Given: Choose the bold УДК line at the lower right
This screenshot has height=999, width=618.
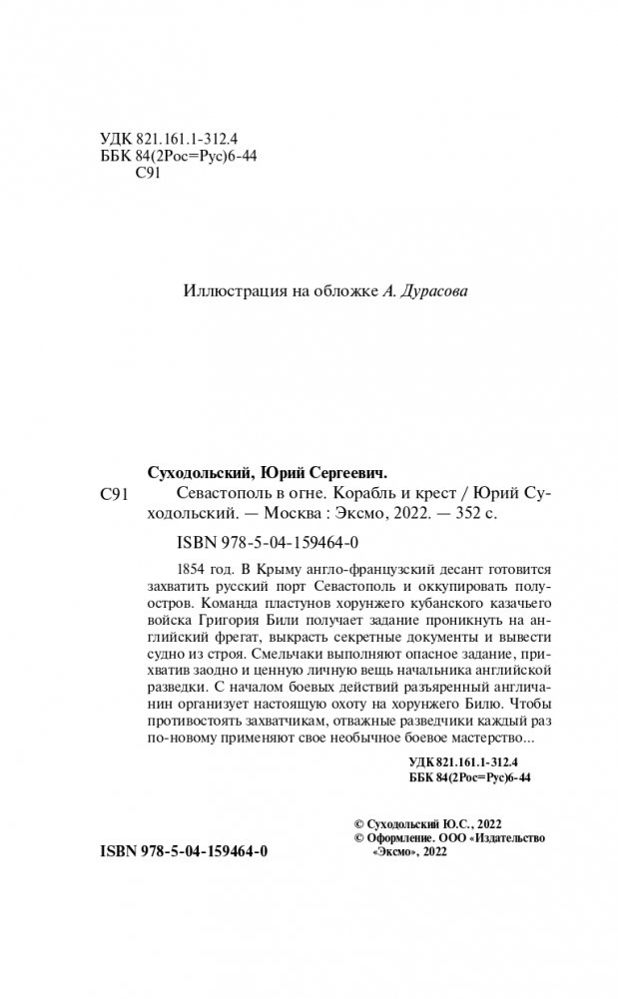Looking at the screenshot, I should click(x=469, y=761).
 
